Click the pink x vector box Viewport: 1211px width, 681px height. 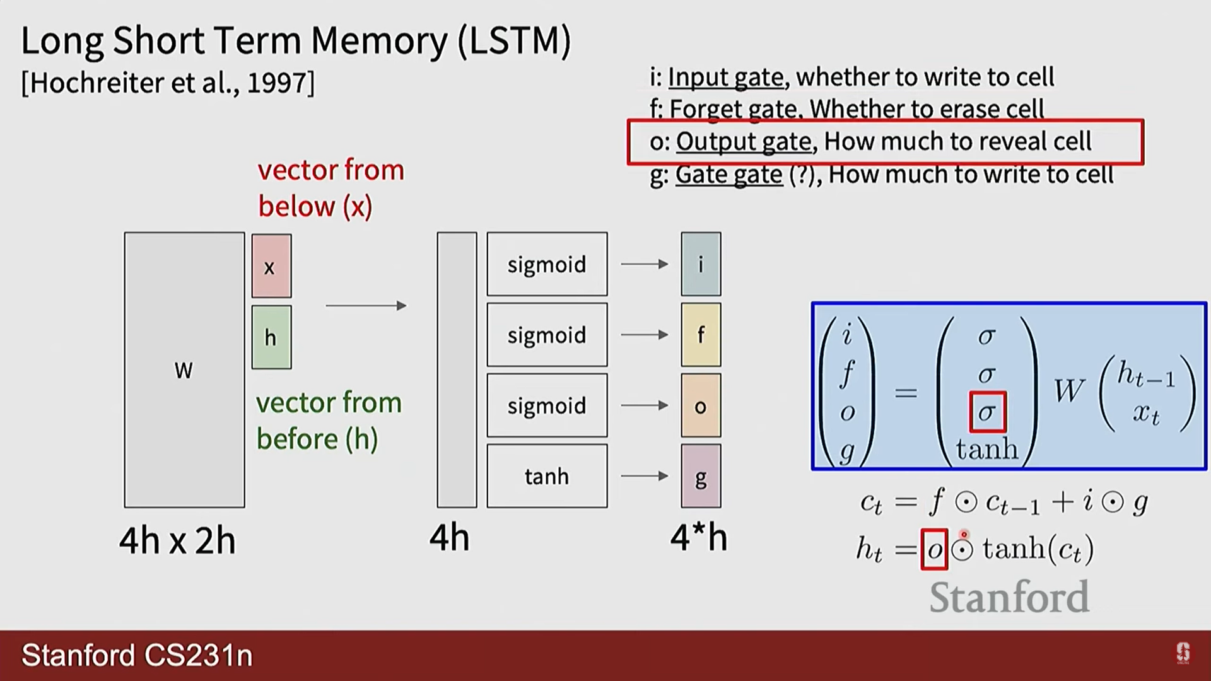point(271,265)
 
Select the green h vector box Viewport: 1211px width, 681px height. point(271,337)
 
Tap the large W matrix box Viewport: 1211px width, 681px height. point(184,370)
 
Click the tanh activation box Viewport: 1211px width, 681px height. point(547,476)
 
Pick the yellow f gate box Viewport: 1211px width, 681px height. point(701,334)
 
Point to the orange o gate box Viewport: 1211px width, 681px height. point(701,405)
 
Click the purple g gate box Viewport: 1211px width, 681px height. point(701,476)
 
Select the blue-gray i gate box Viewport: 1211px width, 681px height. point(701,264)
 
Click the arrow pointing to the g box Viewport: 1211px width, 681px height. point(644,475)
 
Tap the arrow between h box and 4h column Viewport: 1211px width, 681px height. point(366,306)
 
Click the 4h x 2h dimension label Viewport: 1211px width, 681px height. point(177,541)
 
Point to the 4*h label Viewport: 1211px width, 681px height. point(699,538)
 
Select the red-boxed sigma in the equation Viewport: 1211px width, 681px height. point(987,412)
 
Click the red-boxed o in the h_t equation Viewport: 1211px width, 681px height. point(934,549)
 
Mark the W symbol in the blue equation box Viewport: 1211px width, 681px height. point(1068,391)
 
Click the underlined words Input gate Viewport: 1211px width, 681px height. point(725,77)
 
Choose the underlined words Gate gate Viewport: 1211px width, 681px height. point(728,174)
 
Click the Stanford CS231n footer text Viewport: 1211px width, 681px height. point(137,655)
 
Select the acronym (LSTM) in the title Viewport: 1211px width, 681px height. point(515,40)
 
